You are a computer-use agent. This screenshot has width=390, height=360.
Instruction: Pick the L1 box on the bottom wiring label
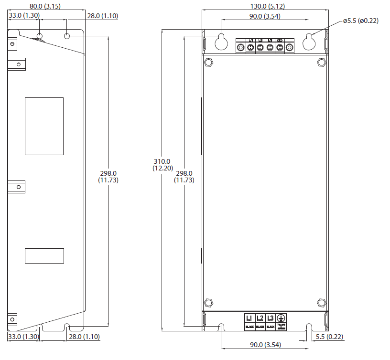pos(249,318)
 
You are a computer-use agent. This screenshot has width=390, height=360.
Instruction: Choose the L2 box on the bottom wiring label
pos(260,318)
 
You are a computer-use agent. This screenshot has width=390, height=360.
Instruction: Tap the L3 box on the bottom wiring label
pos(271,318)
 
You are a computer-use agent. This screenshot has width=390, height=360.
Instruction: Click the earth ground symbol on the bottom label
pos(282,318)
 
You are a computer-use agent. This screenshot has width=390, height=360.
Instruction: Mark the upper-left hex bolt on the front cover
pos(208,62)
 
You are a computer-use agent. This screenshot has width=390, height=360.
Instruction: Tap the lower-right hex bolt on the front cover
pos(321,303)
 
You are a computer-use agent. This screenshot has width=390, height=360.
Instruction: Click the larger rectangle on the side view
pos(44,126)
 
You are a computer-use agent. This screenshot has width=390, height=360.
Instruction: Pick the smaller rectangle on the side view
pos(44,255)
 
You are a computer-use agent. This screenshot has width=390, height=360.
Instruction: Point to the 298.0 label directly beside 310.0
pos(184,177)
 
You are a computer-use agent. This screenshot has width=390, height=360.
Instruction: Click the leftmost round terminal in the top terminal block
pos(240,47)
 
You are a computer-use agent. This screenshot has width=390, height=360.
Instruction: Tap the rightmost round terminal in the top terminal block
pos(290,47)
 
